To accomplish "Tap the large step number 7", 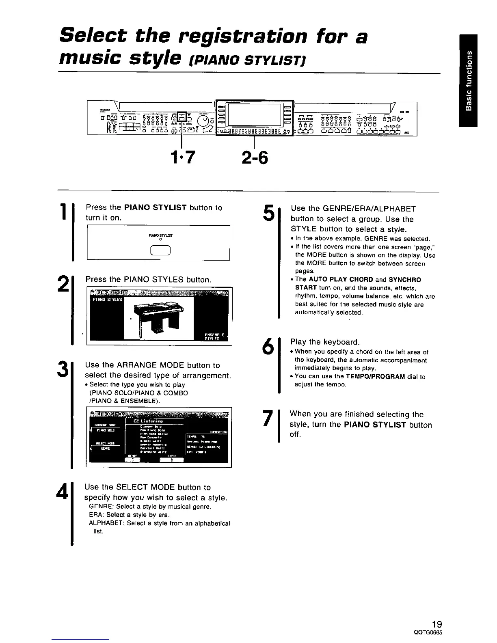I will pos(267,419).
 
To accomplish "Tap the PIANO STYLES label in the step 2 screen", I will pos(105,300).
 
